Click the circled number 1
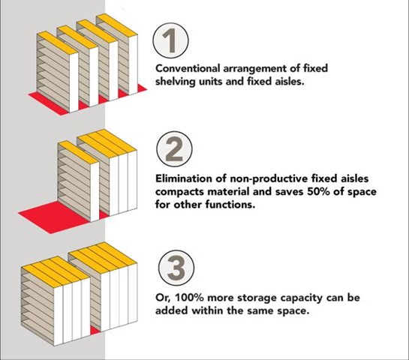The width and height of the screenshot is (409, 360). (x=170, y=40)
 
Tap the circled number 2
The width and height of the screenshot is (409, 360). (x=175, y=149)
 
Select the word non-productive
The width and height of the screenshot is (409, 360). (x=269, y=179)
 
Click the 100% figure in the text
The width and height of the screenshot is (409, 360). (x=188, y=298)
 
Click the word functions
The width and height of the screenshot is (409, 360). (x=230, y=204)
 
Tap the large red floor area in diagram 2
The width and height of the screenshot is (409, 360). (x=53, y=216)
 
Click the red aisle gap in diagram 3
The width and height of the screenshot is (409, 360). (x=95, y=330)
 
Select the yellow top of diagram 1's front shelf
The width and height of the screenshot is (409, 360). (x=57, y=43)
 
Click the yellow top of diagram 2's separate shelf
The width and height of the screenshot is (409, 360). (x=78, y=152)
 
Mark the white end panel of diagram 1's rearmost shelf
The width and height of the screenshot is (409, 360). (x=133, y=64)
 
